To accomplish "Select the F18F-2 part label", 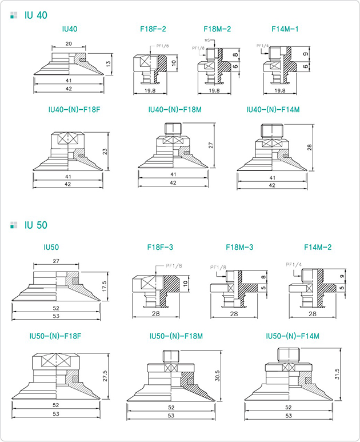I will (x=153, y=28).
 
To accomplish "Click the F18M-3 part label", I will (x=239, y=248).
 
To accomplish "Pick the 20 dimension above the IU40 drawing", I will (x=69, y=44).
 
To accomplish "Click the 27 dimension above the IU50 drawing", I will (x=56, y=260).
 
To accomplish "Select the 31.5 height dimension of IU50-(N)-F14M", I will (x=337, y=374).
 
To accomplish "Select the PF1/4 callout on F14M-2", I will (x=293, y=264).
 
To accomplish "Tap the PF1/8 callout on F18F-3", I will (x=174, y=266).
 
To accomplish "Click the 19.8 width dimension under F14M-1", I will (x=279, y=90).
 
